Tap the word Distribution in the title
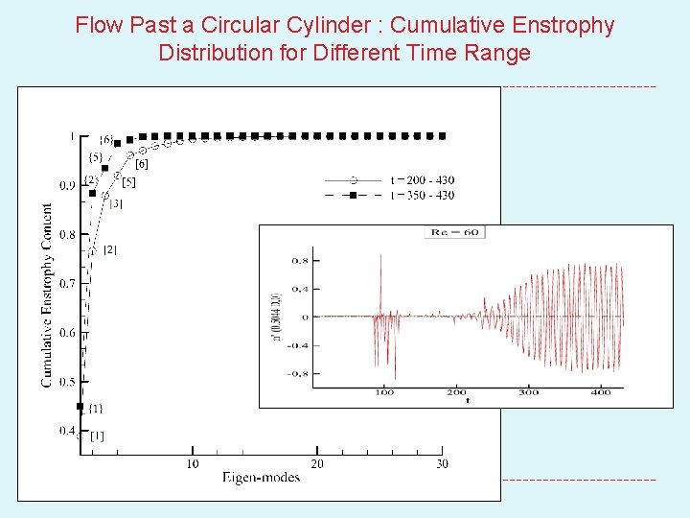(212, 53)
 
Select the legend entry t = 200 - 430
(423, 179)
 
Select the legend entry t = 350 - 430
(423, 195)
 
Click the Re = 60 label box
(455, 232)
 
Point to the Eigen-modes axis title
(262, 477)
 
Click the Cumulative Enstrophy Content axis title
(47, 294)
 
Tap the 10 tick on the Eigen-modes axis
(193, 464)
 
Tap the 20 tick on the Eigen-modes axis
(317, 464)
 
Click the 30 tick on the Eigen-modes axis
(442, 464)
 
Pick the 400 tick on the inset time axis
(601, 392)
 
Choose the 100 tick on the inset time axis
(384, 392)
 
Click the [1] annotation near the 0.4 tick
(97, 436)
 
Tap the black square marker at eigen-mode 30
(442, 136)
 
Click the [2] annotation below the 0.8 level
(109, 249)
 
